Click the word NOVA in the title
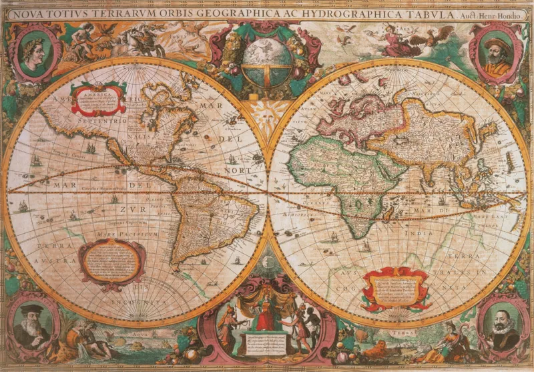[29, 12]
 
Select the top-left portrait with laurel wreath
[33, 52]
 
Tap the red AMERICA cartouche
[98, 100]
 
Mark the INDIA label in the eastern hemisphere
[400, 233]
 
